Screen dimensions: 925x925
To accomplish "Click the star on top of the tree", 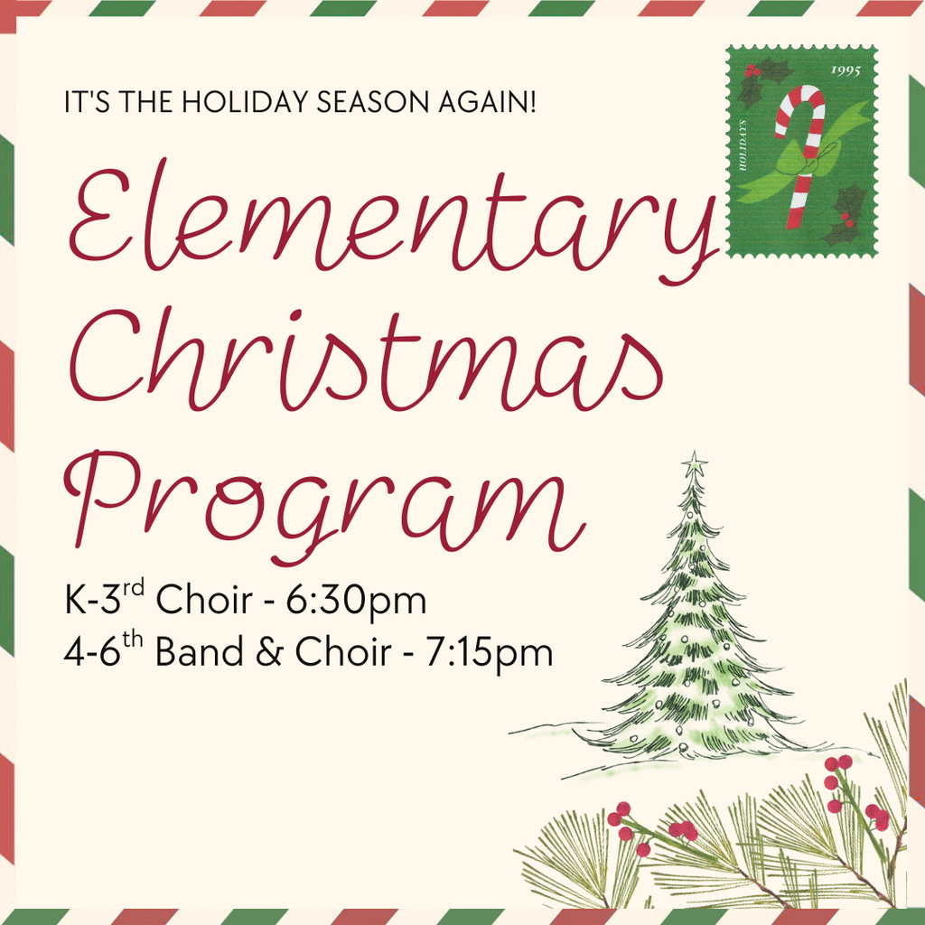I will [694, 466].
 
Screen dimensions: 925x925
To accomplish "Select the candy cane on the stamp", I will [800, 154].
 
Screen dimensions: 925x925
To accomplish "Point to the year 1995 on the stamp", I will [845, 70].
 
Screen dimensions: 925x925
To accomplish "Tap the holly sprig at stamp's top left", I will [761, 78].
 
